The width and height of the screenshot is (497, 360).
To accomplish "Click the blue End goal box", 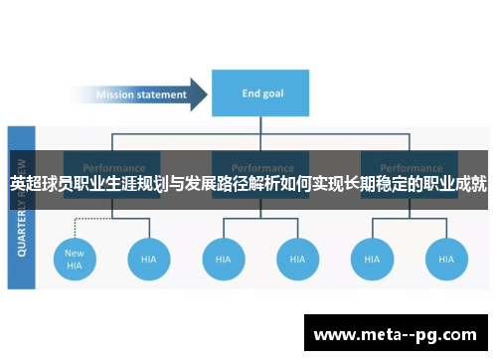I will coord(261,94).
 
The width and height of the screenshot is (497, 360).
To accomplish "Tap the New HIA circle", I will coord(75,259).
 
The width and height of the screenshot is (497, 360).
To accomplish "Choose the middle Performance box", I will coord(261,165).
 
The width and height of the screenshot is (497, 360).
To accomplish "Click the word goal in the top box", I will coord(273,94).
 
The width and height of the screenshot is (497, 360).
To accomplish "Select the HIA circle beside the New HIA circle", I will coord(149,259).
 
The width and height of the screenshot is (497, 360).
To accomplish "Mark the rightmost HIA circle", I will coord(445,259).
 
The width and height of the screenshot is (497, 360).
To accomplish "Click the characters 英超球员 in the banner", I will coord(42,184).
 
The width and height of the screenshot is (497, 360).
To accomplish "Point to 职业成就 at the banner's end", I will coord(455,184).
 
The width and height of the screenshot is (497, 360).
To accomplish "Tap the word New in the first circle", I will coord(75,253).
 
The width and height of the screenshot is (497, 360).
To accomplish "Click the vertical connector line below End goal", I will coord(261,127).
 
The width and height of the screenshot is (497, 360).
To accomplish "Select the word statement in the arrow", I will coord(162,95).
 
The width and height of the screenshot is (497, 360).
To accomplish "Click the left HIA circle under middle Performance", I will coord(224,259).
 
